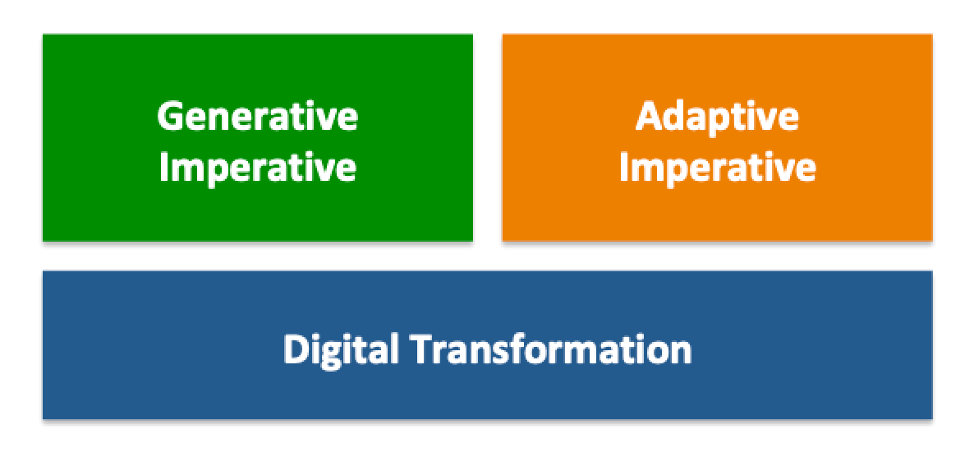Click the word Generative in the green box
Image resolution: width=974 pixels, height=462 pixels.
pos(258,116)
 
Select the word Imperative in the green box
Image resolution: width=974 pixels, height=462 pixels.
pos(258,169)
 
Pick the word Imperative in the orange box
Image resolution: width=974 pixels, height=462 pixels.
pos(718,169)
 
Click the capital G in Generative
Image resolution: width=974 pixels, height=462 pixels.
pos(171,116)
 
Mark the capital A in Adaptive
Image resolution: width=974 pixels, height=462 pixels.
pos(649,116)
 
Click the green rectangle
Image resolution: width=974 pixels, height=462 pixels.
pos(258,137)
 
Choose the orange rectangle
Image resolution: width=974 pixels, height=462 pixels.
pos(718,137)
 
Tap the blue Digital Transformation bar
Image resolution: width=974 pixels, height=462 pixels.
pos(488,345)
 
